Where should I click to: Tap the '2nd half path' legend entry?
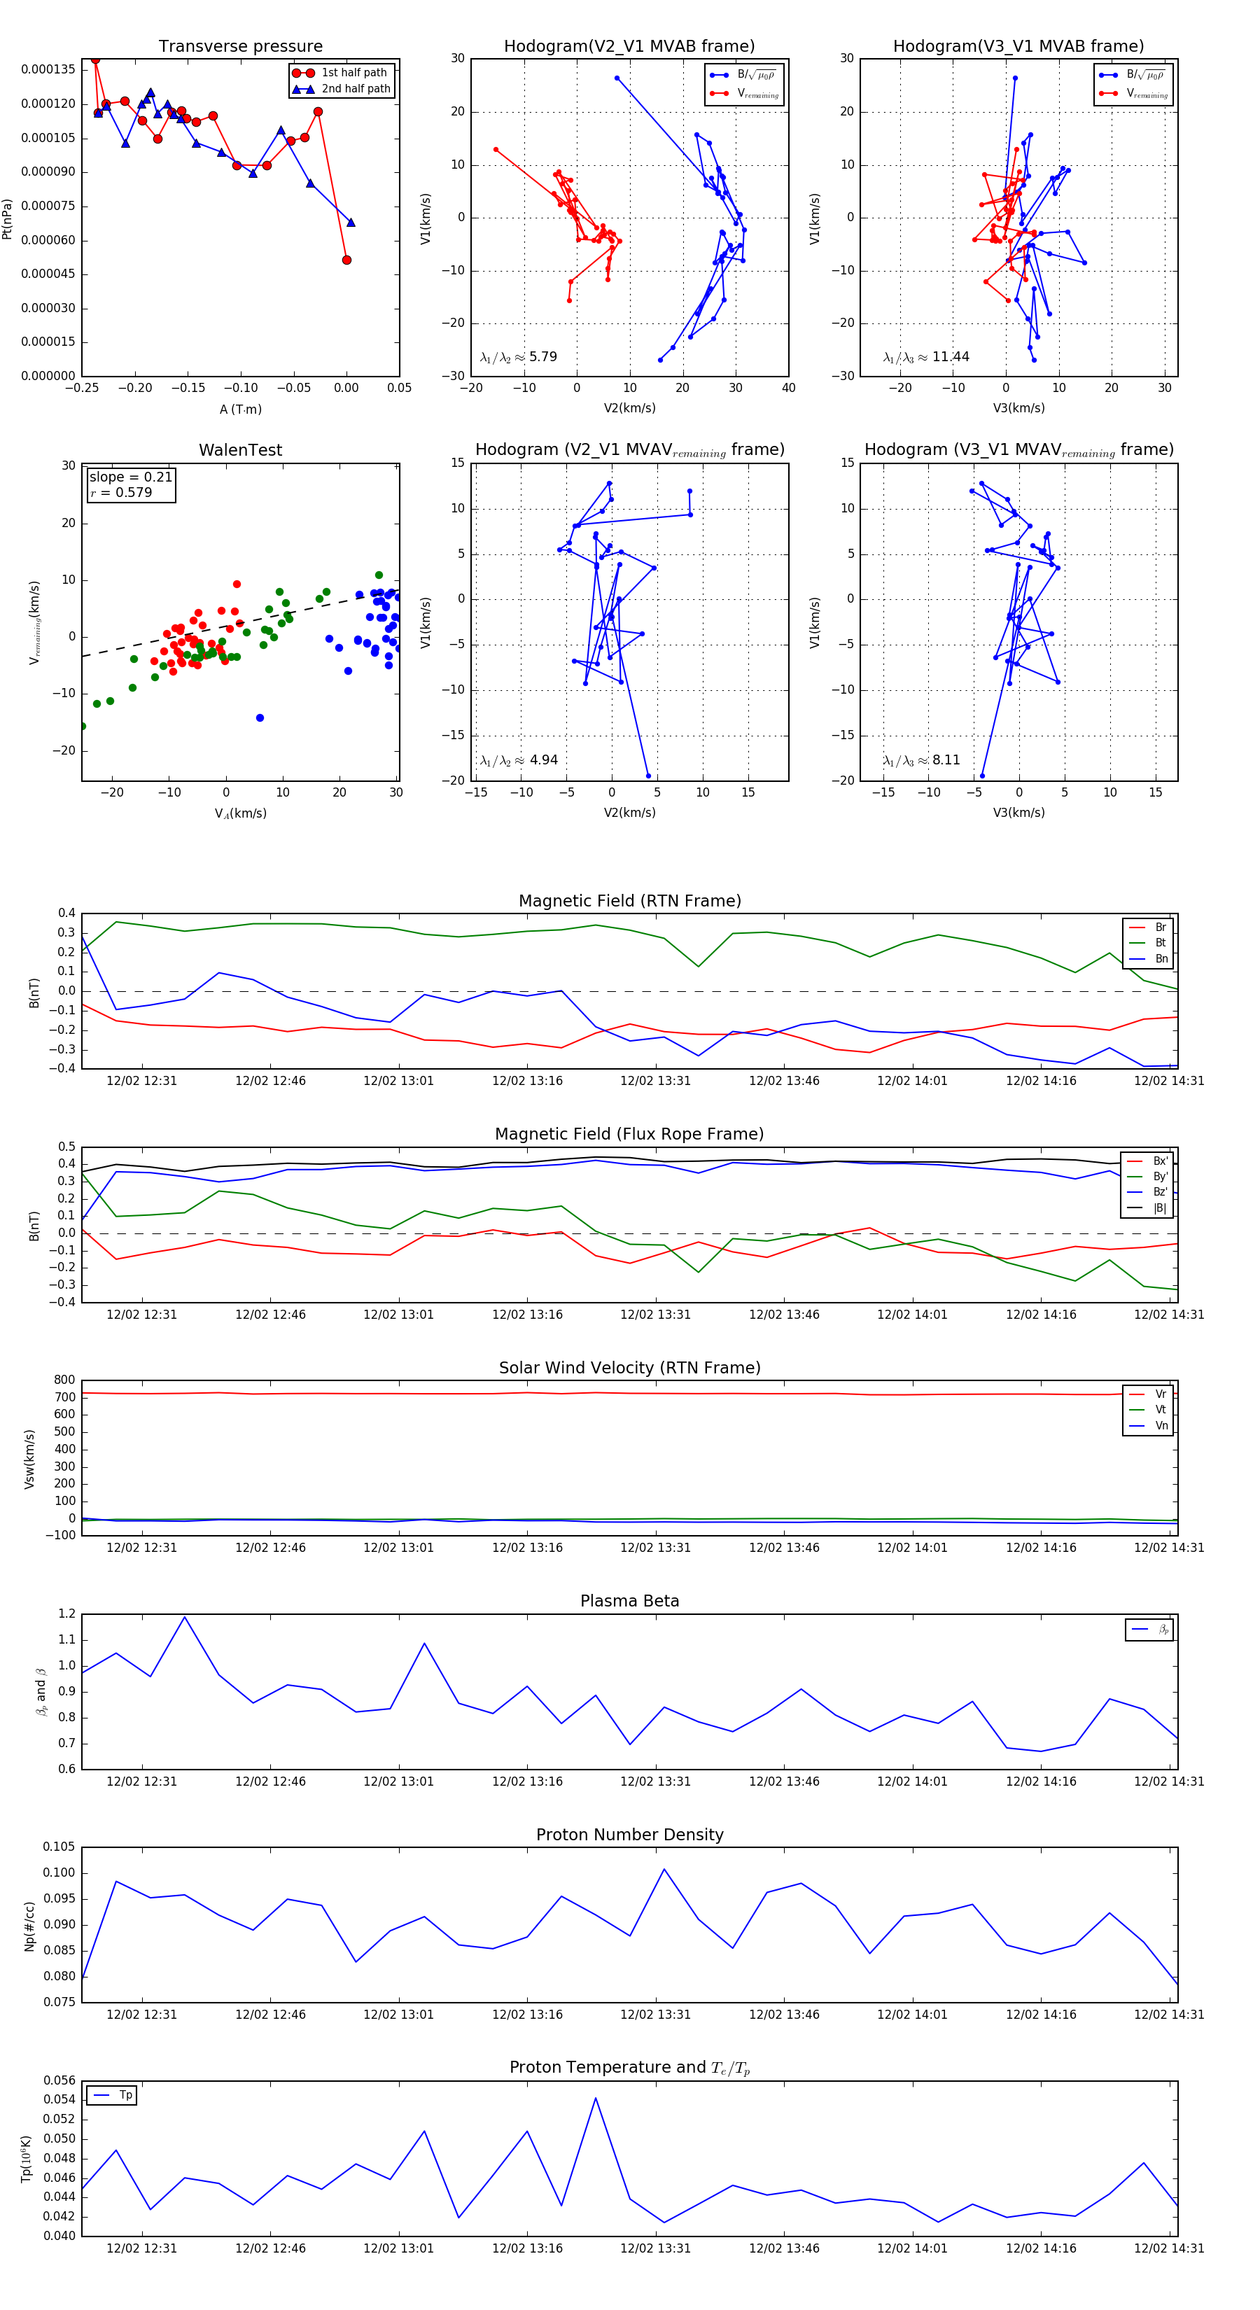click(355, 89)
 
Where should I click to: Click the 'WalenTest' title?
click(240, 450)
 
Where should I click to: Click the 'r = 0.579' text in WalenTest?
click(121, 492)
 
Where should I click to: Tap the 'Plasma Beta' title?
click(629, 1602)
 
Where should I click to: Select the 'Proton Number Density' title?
click(629, 1835)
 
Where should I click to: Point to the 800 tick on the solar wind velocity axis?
click(64, 1380)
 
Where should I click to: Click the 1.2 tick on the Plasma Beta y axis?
click(67, 1613)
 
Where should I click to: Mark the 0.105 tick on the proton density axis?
click(59, 1847)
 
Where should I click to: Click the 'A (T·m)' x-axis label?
click(240, 409)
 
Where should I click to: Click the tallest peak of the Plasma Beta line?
click(185, 1617)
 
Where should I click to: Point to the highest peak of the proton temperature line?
click(596, 2097)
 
